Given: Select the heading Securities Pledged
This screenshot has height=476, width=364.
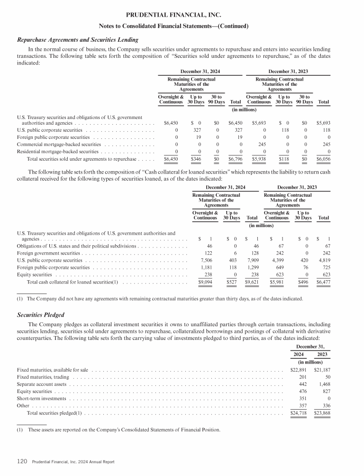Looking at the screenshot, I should pyautogui.click(x=40, y=315).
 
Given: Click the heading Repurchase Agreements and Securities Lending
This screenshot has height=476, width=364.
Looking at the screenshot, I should pyautogui.click(x=77, y=40).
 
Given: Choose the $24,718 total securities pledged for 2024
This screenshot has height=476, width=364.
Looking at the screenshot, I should pyautogui.click(x=298, y=413).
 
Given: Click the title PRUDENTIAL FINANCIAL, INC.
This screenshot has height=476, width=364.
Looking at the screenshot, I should pyautogui.click(x=182, y=15).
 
